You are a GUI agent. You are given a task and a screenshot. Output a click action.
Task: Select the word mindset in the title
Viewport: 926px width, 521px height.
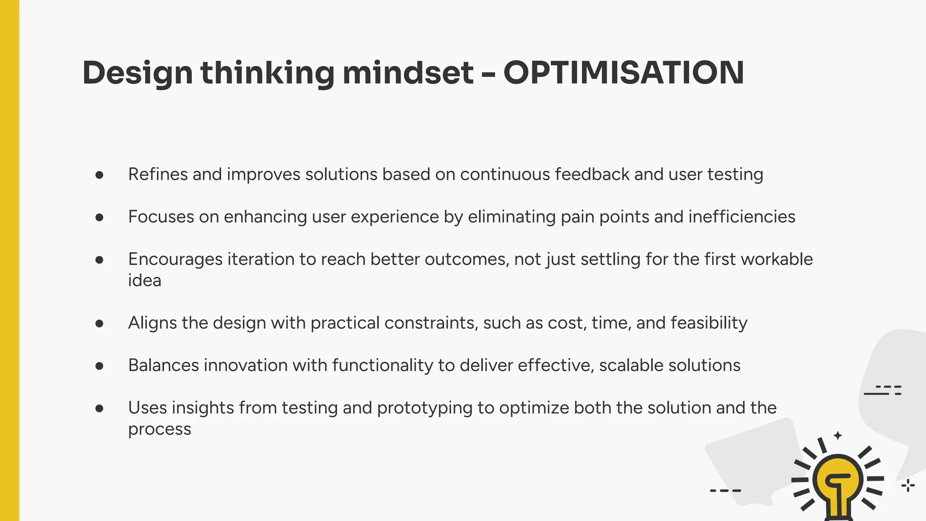pos(408,73)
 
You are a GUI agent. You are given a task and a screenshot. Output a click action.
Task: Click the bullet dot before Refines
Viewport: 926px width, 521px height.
pos(99,175)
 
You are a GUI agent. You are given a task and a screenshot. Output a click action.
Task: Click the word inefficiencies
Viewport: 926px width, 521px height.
pos(742,217)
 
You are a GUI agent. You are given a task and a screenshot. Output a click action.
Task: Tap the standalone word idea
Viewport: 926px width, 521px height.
pos(145,281)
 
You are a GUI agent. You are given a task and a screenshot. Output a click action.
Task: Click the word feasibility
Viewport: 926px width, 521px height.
pos(709,323)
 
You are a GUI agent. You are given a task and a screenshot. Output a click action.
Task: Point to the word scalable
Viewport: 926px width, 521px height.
pos(631,365)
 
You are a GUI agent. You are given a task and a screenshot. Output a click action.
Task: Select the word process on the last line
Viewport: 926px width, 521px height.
pos(159,429)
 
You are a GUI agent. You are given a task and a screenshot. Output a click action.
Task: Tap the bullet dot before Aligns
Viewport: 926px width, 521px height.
pos(99,323)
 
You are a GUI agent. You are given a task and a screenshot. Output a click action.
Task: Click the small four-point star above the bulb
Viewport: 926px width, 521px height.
pos(838,436)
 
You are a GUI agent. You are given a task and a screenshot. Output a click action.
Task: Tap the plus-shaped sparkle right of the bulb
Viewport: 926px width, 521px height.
pos(907,486)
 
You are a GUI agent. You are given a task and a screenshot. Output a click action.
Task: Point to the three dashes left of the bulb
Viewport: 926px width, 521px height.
pos(725,491)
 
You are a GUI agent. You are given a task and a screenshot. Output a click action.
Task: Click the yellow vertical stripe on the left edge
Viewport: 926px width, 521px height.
pos(9,260)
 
